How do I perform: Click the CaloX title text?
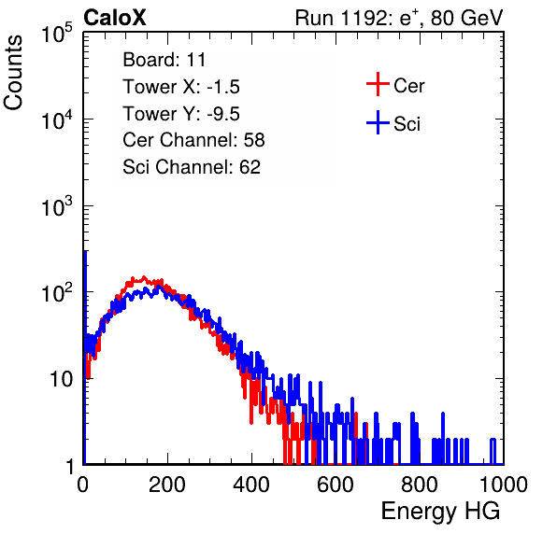tap(115, 18)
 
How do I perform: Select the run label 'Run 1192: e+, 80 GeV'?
tap(399, 18)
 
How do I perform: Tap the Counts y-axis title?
tap(13, 73)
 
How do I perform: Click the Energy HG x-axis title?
tap(440, 512)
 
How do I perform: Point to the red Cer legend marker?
tap(378, 84)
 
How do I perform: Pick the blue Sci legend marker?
tap(378, 123)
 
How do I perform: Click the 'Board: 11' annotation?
tap(164, 60)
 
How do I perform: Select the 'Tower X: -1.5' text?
tap(181, 87)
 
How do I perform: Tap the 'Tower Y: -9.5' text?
tap(181, 114)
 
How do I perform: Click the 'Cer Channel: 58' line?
tap(193, 140)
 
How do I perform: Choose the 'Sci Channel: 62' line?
tap(192, 167)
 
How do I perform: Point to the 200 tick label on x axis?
tap(167, 485)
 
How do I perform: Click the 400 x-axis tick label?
tap(251, 485)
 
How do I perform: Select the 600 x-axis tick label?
tap(336, 485)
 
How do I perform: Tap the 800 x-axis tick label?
tap(420, 485)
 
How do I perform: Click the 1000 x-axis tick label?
tap(504, 485)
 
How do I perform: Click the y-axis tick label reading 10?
tap(61, 379)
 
